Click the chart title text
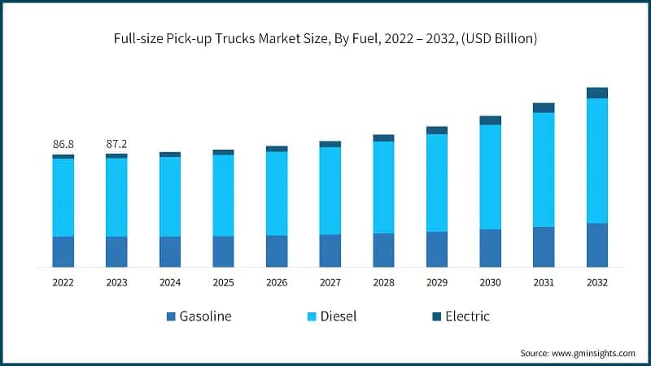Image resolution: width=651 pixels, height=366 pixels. (325, 38)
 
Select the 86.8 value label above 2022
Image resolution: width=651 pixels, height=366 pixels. (63, 144)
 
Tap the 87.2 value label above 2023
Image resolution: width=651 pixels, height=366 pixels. (116, 144)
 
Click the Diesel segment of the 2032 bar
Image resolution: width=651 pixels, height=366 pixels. (597, 160)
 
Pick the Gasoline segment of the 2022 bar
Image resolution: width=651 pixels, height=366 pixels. (63, 251)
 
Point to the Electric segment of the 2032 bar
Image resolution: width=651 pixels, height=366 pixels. (597, 93)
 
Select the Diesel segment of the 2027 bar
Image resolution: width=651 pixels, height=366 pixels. (330, 190)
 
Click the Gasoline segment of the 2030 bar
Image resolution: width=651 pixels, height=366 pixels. (490, 248)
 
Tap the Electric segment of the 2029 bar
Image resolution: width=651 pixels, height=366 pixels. (437, 130)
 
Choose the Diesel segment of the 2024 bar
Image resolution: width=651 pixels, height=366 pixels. (170, 196)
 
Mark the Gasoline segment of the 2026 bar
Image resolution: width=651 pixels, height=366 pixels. (277, 251)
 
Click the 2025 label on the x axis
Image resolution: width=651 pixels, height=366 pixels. (223, 282)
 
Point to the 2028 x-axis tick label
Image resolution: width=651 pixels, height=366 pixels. (383, 282)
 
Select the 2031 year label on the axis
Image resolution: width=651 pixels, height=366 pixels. (544, 282)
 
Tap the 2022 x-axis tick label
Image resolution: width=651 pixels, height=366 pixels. (63, 282)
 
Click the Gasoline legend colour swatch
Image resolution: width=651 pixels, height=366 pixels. (171, 316)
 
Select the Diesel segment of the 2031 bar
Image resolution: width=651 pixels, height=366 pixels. (544, 169)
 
